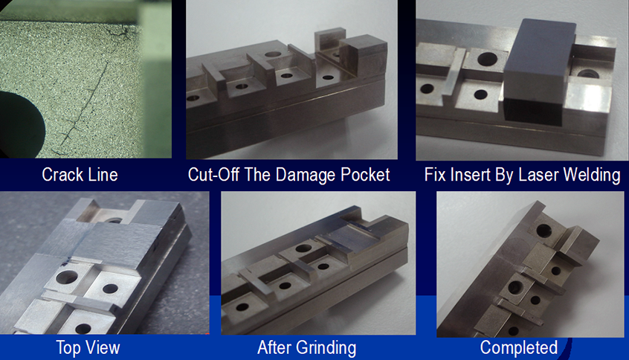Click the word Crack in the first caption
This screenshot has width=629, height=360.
(x=60, y=175)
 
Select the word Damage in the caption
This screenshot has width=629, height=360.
(x=306, y=175)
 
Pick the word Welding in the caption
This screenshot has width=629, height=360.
(x=592, y=176)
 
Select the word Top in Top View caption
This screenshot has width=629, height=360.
(x=68, y=348)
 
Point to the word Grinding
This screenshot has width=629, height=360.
(x=326, y=348)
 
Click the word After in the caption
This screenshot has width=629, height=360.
(x=274, y=347)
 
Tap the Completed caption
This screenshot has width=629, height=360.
(x=519, y=348)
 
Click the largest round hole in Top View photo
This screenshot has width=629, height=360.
(x=67, y=277)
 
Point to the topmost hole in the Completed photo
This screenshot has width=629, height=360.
(x=543, y=231)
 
